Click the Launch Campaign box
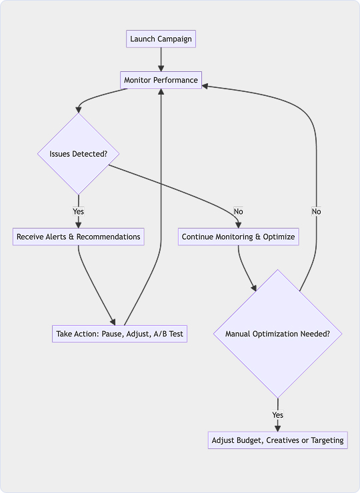161,39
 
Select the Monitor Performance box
161,80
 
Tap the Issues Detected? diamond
79,154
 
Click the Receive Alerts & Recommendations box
79,237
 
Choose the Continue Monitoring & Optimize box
238,237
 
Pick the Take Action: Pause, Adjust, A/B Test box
119,334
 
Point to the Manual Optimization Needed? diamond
277,334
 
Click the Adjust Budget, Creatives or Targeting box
277,440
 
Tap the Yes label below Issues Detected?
79,211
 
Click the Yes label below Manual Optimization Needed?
277,414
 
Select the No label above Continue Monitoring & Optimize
238,211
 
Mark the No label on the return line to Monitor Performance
316,211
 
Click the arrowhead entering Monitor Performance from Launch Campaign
161,68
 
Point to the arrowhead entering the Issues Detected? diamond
79,110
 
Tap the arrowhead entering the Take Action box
113,322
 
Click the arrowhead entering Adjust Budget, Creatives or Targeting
277,428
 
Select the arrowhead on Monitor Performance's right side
205,86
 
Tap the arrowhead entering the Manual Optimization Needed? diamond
253,288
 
